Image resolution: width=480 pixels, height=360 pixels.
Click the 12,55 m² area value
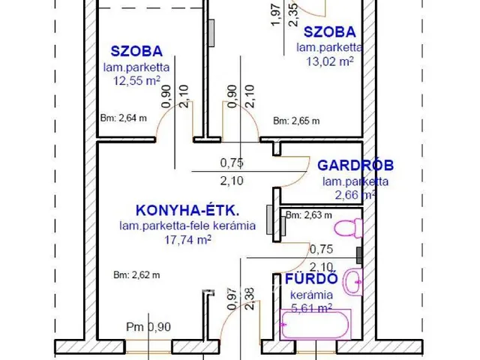pyautogui.click(x=136, y=80)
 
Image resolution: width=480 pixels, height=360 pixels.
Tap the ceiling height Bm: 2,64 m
pyautogui.click(x=123, y=117)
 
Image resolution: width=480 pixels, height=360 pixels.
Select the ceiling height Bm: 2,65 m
pyautogui.click(x=296, y=121)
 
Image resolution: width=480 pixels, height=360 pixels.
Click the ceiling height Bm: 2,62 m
pyautogui.click(x=137, y=274)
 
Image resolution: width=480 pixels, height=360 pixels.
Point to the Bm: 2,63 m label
pyautogui.click(x=309, y=216)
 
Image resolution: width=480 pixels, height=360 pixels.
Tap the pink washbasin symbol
pyautogui.click(x=351, y=282)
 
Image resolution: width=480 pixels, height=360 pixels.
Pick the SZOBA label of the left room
pyautogui.click(x=136, y=52)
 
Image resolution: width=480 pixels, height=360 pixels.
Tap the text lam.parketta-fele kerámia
pyautogui.click(x=187, y=225)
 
